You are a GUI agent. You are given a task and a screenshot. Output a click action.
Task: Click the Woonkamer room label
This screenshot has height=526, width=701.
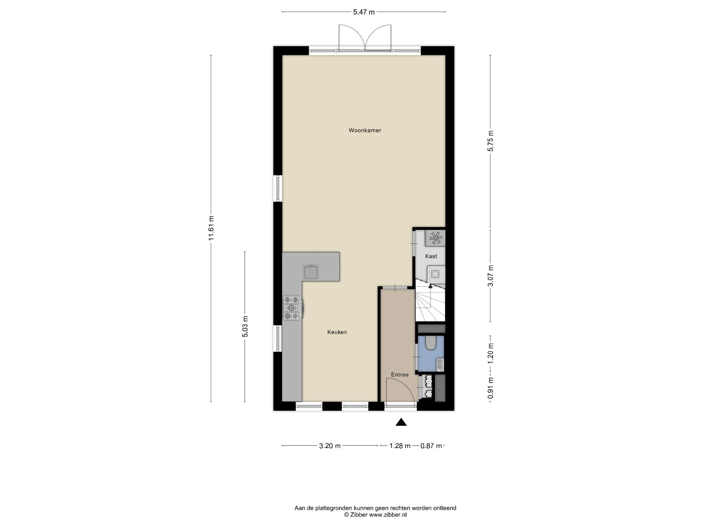click(x=365, y=130)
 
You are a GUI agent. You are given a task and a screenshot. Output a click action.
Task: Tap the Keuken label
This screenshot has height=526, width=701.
click(x=337, y=332)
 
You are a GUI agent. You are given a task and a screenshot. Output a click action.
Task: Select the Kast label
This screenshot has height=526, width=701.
click(x=431, y=256)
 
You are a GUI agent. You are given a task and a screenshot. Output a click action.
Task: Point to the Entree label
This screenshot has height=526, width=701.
click(x=400, y=375)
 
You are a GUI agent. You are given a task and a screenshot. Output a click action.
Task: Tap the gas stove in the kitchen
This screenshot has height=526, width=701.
click(x=292, y=308)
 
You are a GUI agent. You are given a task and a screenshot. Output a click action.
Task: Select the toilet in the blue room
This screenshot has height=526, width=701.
click(x=430, y=342)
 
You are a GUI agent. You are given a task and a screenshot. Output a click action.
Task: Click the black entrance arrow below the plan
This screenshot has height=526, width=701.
click(x=401, y=422)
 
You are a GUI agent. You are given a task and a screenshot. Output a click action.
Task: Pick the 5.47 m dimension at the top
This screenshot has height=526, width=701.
click(x=364, y=12)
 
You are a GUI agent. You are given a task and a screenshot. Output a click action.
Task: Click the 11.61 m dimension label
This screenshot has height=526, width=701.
click(x=211, y=228)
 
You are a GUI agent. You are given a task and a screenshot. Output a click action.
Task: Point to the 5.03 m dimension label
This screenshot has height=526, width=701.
click(x=245, y=326)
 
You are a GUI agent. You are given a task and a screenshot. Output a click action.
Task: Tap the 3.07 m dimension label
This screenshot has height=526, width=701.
click(x=490, y=276)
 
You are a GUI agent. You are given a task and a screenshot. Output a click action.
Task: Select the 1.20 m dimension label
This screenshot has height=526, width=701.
click(x=490, y=353)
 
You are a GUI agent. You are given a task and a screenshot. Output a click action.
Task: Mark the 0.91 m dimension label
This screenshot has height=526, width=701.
click(x=490, y=388)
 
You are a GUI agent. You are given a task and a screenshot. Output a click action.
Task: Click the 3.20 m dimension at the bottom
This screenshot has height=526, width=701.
click(x=330, y=446)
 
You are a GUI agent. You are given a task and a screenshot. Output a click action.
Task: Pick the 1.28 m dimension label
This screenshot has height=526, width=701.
click(x=400, y=446)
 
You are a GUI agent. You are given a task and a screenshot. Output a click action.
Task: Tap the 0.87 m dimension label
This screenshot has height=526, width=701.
click(x=431, y=446)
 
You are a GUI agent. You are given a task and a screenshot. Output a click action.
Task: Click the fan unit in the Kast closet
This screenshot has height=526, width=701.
click(x=435, y=238)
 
